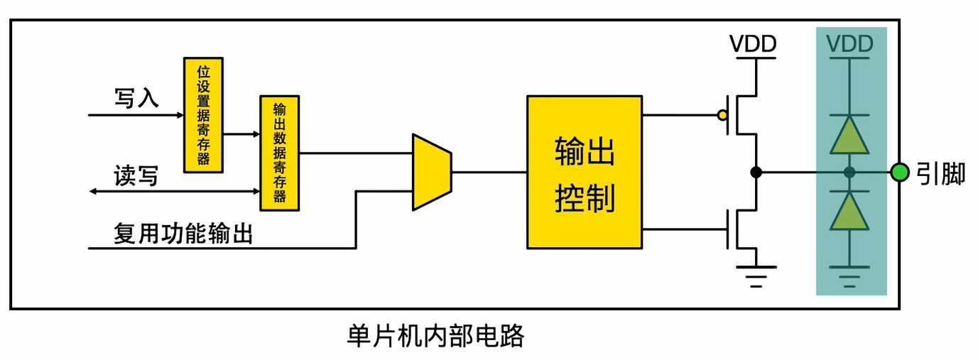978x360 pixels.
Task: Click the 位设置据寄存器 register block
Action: click(203, 114)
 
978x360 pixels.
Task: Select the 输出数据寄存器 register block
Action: click(280, 152)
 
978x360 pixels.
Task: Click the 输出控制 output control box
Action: click(585, 171)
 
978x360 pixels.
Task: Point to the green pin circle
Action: click(900, 172)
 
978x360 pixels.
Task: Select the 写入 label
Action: click(136, 98)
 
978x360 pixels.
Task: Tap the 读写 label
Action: click(136, 175)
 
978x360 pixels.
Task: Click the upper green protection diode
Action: click(849, 134)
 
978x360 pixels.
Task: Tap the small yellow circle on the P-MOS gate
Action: click(722, 114)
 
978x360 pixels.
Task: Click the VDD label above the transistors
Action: click(753, 45)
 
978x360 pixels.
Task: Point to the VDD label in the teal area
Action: click(849, 45)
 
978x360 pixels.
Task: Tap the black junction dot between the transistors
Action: click(756, 172)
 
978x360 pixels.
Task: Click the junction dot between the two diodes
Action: click(849, 172)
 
